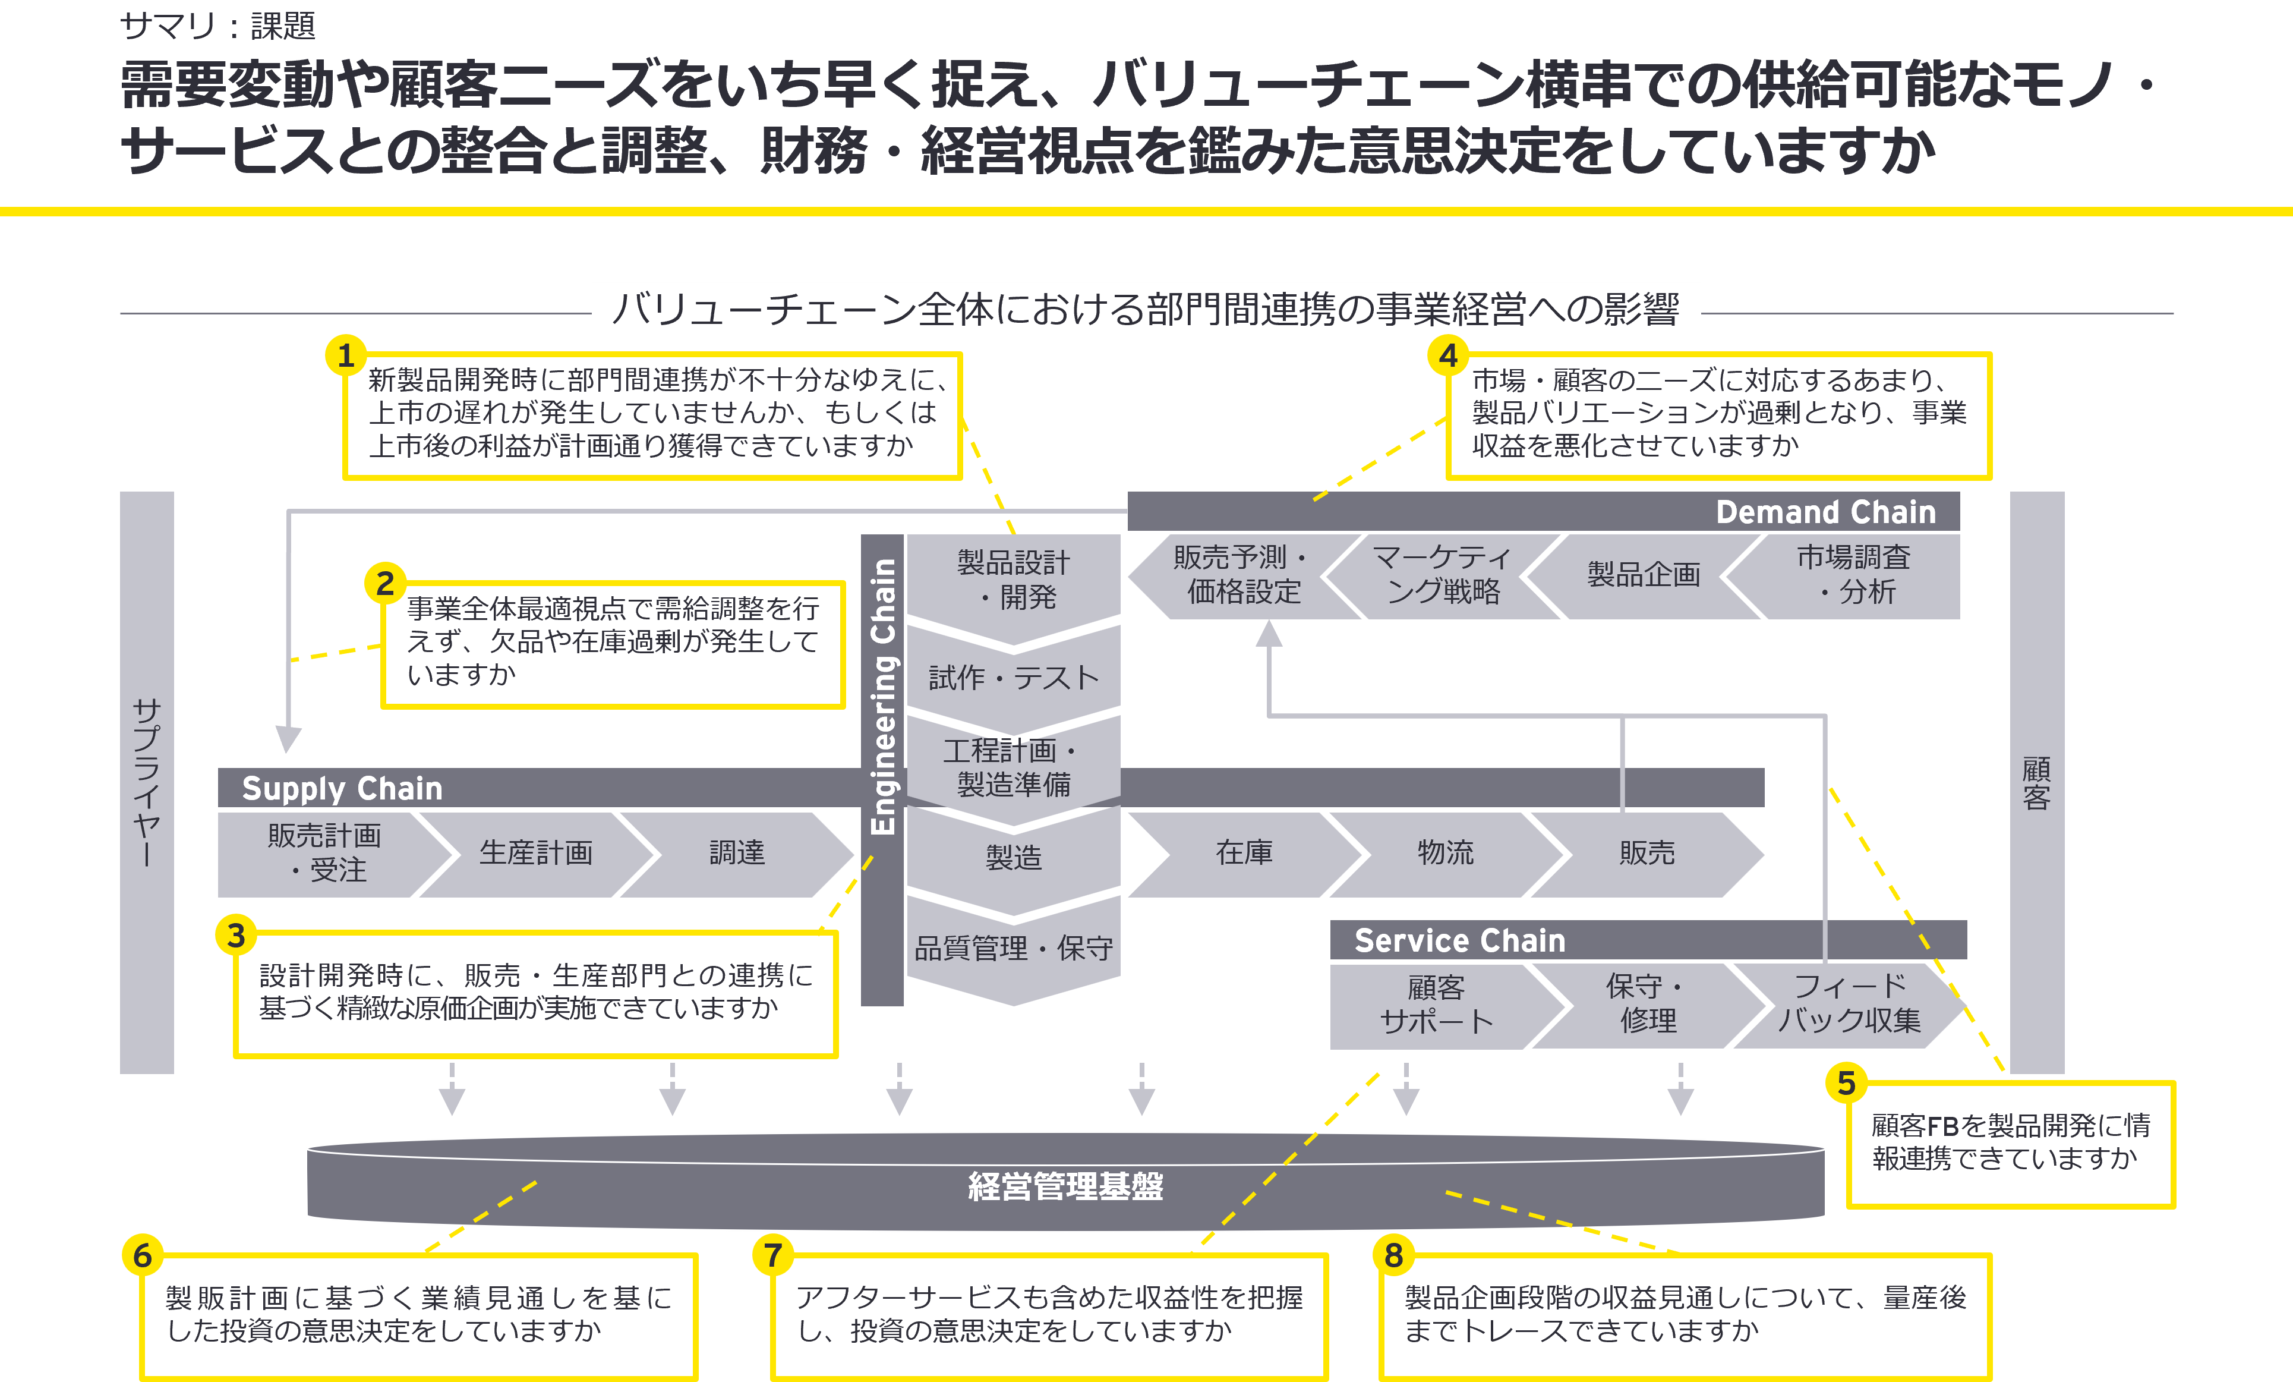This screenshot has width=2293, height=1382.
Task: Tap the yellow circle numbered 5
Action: (1846, 1083)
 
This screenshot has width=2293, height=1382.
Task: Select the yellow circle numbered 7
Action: (772, 1255)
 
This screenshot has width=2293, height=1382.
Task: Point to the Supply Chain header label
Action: (342, 788)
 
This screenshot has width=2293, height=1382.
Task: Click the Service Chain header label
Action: (1459, 940)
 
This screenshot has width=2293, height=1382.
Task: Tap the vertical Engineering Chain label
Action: (882, 698)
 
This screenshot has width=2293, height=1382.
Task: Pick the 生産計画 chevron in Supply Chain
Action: (536, 852)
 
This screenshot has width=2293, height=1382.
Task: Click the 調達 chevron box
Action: (737, 852)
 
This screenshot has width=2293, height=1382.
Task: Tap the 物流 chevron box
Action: (1445, 852)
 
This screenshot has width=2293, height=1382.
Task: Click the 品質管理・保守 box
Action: (1014, 948)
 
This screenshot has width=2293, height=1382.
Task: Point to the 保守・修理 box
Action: (1647, 1004)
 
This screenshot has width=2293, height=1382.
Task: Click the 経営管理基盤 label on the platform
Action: (1065, 1186)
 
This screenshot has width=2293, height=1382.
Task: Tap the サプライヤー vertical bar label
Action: (147, 782)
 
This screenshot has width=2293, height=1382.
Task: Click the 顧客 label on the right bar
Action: (2036, 782)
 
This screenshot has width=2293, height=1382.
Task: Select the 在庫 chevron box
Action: (1244, 852)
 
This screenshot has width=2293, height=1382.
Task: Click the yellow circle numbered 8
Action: (1393, 1255)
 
